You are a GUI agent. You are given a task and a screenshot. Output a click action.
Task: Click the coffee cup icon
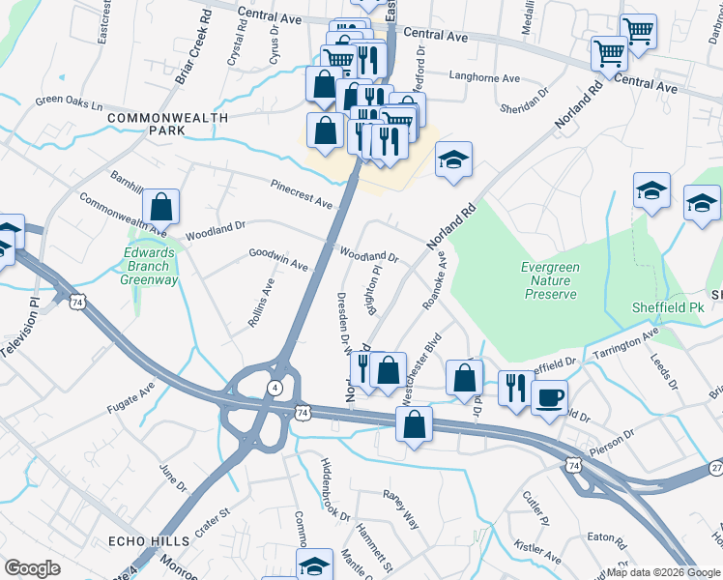click(549, 396)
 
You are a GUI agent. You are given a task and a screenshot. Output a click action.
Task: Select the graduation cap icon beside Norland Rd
click(453, 159)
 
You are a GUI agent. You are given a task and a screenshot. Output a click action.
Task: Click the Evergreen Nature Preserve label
click(549, 280)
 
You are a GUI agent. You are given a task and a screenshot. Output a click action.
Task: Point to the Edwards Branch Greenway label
click(149, 267)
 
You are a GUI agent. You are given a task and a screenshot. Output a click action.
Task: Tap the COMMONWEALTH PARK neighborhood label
click(168, 124)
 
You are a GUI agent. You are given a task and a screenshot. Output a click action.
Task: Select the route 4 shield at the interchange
click(275, 388)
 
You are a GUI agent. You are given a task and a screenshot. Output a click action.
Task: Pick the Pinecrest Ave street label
click(302, 193)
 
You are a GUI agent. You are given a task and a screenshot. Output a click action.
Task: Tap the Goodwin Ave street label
click(278, 259)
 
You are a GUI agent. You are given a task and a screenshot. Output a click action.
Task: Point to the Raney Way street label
click(401, 508)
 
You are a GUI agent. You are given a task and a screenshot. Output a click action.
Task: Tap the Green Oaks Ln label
click(68, 100)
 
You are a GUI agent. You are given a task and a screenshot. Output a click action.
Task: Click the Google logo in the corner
click(32, 568)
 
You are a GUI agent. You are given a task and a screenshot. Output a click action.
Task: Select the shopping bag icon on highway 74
click(414, 426)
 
